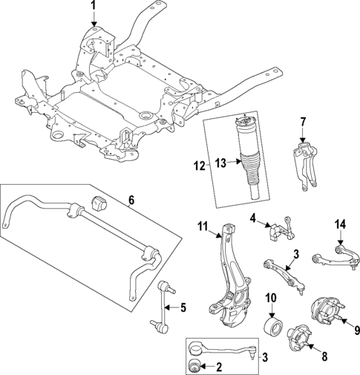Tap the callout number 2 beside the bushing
pos(218,365)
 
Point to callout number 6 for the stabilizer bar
pos(131,200)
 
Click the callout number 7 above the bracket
pos(302,122)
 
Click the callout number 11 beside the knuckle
pos(201,225)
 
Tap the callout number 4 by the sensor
pos(252,218)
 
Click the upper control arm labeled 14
pos(338,255)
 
